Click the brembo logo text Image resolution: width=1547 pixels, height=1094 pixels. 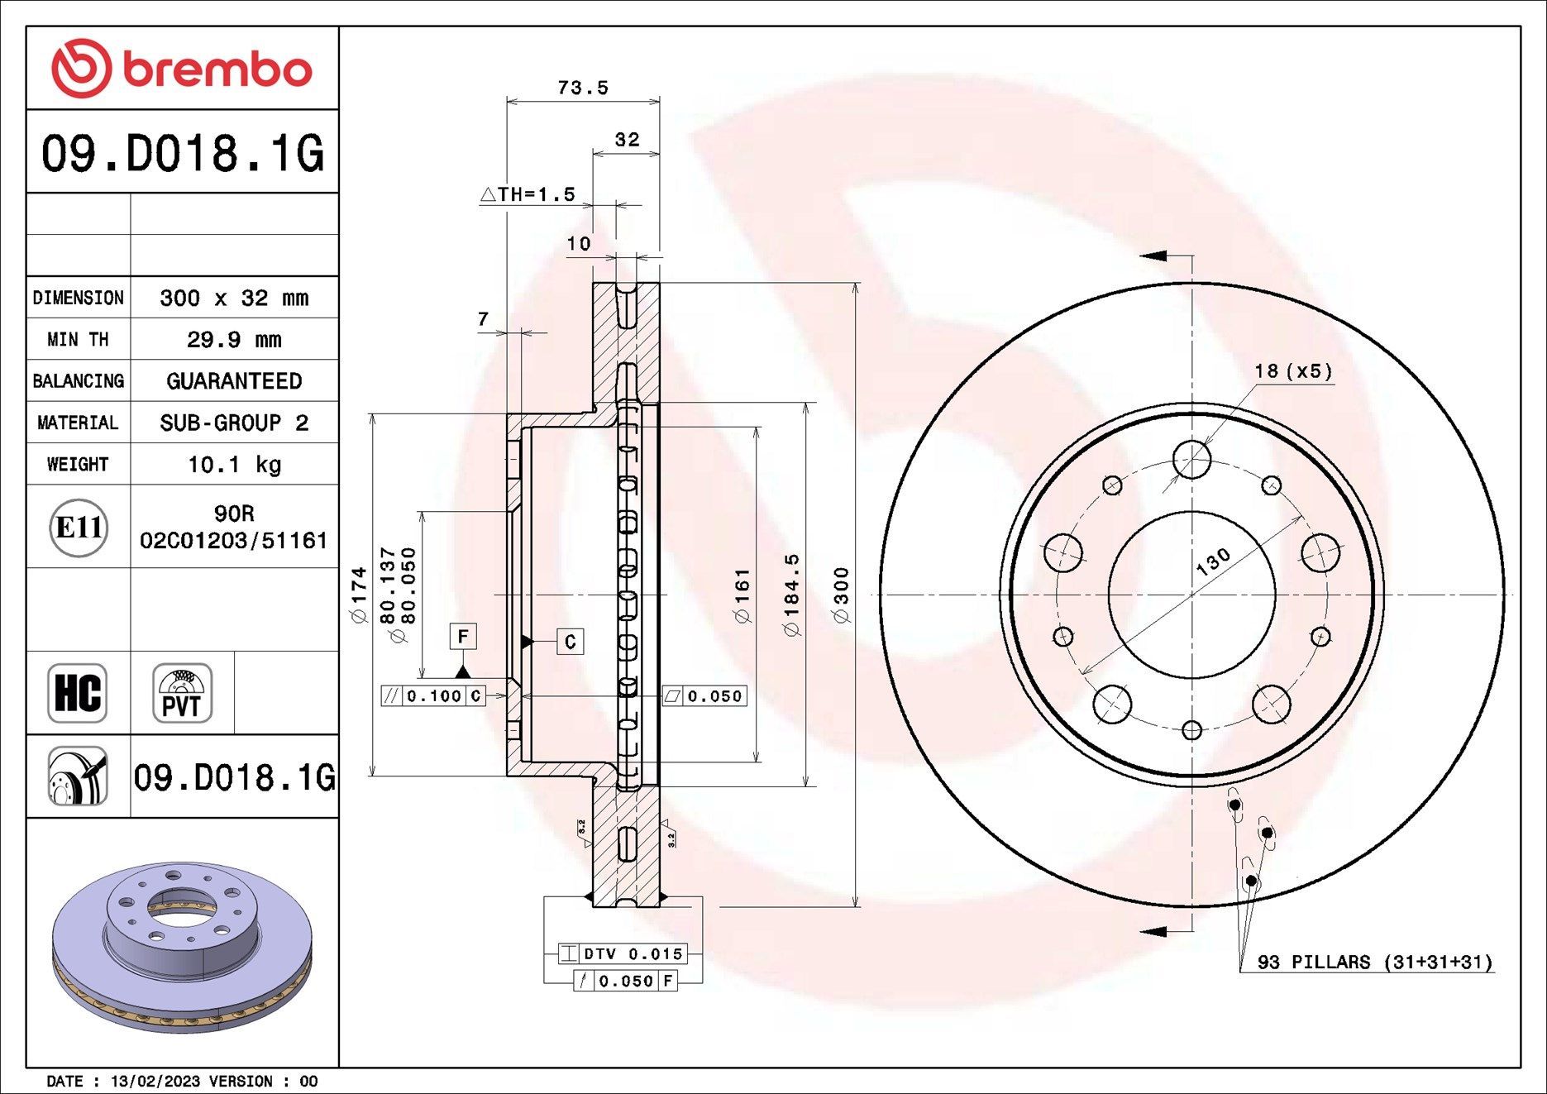(x=217, y=69)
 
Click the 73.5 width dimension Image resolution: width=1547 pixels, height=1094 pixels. (x=583, y=88)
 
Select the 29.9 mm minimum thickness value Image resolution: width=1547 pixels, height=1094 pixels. (x=234, y=340)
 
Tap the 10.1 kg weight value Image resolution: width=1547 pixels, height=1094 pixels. (x=234, y=465)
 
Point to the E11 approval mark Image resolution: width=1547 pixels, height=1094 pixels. (x=79, y=527)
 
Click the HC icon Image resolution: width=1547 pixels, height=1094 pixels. (x=78, y=693)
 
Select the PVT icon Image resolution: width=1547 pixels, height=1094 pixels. (x=182, y=693)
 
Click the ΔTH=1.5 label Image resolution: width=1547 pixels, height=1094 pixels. (x=528, y=195)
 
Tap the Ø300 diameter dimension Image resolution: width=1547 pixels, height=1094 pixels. (x=841, y=595)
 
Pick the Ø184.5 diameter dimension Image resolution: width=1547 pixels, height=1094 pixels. (x=791, y=595)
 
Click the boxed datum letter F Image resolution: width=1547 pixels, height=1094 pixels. (x=463, y=636)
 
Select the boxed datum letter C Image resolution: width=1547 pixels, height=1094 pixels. (x=570, y=642)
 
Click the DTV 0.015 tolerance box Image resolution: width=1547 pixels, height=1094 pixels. (x=623, y=953)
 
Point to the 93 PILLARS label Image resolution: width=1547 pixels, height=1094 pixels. (x=1374, y=963)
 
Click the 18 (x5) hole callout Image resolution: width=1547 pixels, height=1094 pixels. (x=1293, y=371)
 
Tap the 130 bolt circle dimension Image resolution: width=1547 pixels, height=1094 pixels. (x=1213, y=562)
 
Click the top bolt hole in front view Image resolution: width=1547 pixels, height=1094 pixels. (x=1191, y=457)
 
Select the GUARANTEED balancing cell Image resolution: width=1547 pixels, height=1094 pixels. (x=234, y=381)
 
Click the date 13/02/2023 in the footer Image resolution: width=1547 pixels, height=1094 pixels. (x=155, y=1082)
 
